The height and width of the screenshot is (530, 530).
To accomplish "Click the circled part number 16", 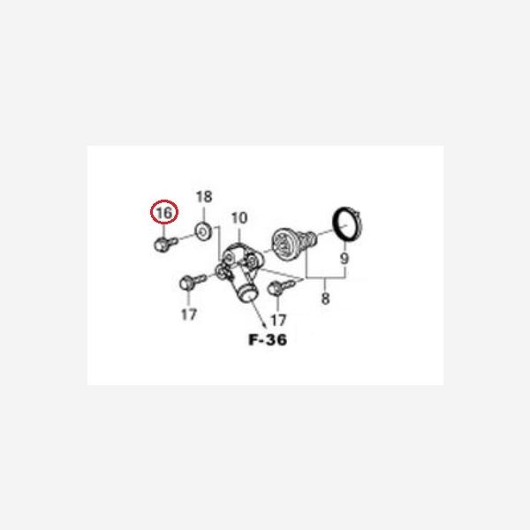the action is click(x=164, y=213).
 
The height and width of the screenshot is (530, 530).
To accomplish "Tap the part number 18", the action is click(x=204, y=197).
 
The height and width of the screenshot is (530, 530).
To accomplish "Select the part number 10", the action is click(x=239, y=218).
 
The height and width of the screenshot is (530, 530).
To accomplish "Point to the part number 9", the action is click(x=344, y=259).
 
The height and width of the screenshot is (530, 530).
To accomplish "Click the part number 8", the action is click(x=325, y=299).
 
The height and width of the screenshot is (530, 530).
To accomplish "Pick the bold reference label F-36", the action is click(x=268, y=340).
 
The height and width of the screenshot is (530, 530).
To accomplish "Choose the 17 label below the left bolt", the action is click(x=189, y=314).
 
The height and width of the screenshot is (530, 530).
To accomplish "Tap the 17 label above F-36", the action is click(x=278, y=320).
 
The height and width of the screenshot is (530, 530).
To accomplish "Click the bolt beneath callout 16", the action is click(x=166, y=244).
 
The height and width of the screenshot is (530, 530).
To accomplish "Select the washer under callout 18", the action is click(x=203, y=232).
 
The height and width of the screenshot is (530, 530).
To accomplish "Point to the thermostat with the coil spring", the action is click(x=294, y=244).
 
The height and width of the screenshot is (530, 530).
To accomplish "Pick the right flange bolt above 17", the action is click(x=281, y=288).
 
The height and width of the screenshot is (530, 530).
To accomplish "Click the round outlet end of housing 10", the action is click(x=246, y=294).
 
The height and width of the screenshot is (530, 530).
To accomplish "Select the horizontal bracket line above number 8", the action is click(x=326, y=278).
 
